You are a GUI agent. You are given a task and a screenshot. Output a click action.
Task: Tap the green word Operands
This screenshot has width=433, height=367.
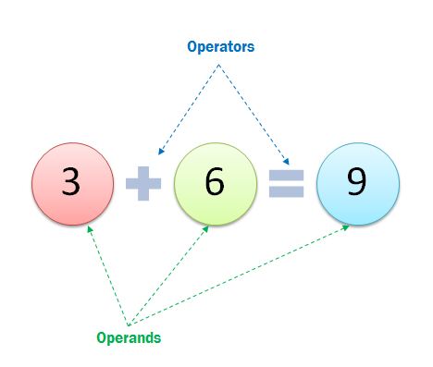(129, 337)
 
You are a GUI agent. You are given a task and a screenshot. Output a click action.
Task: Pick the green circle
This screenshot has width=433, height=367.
(214, 181)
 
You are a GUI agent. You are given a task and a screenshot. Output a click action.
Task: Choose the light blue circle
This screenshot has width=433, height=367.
(357, 181)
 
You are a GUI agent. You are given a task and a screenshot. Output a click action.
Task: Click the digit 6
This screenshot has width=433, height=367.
(214, 182)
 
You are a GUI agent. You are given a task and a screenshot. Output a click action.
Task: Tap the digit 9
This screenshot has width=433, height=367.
(357, 182)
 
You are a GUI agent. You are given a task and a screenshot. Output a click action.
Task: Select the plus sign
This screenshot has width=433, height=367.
(143, 183)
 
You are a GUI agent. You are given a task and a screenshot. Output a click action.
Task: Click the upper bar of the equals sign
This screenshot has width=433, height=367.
(286, 174)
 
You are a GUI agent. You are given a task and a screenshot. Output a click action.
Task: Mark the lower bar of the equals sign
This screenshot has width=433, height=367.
(286, 191)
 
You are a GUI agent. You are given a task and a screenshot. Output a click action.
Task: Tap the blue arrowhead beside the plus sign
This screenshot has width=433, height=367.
(160, 152)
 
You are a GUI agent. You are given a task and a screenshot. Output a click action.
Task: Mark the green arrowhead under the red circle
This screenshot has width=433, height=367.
(88, 226)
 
